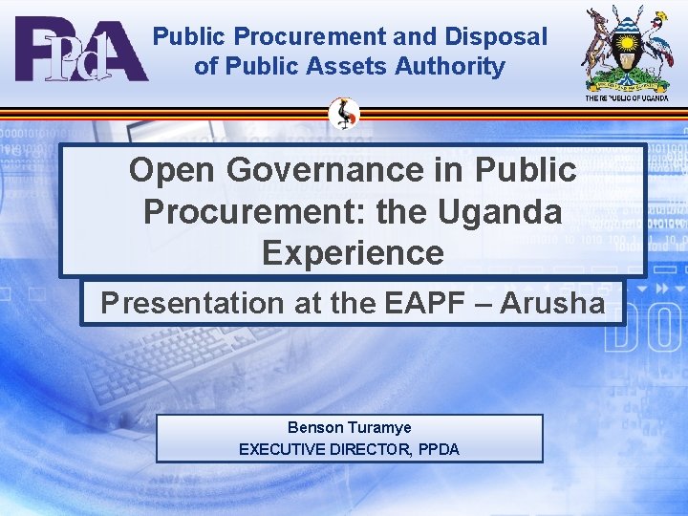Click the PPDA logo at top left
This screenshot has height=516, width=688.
(81, 50)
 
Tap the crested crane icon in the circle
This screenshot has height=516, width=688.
(344, 115)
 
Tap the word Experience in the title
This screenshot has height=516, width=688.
(353, 252)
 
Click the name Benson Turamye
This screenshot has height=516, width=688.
(349, 427)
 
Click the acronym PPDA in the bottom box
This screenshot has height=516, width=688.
(438, 448)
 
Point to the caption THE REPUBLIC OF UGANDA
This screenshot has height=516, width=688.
(627, 97)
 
